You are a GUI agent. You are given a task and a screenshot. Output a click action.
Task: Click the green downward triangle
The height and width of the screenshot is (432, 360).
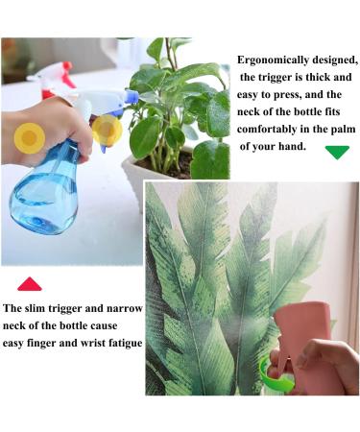(337, 152)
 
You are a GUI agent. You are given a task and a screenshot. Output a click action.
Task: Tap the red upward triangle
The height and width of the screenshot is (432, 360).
(30, 284)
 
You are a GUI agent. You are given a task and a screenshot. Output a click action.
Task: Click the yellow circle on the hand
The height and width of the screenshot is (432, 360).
(30, 138)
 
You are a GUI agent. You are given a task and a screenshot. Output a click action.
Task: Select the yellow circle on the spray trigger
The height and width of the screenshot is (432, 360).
(108, 131)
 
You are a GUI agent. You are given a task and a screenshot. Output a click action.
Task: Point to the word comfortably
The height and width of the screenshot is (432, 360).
(267, 130)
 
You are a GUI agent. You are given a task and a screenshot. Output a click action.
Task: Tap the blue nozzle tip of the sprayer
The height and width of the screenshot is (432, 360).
(132, 97)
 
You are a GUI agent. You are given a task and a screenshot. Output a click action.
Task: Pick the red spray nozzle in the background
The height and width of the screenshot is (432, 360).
(68, 75)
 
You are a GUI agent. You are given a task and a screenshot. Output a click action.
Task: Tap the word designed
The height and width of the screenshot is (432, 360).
(335, 60)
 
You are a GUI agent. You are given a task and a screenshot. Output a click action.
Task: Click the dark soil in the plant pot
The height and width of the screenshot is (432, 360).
(173, 166)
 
